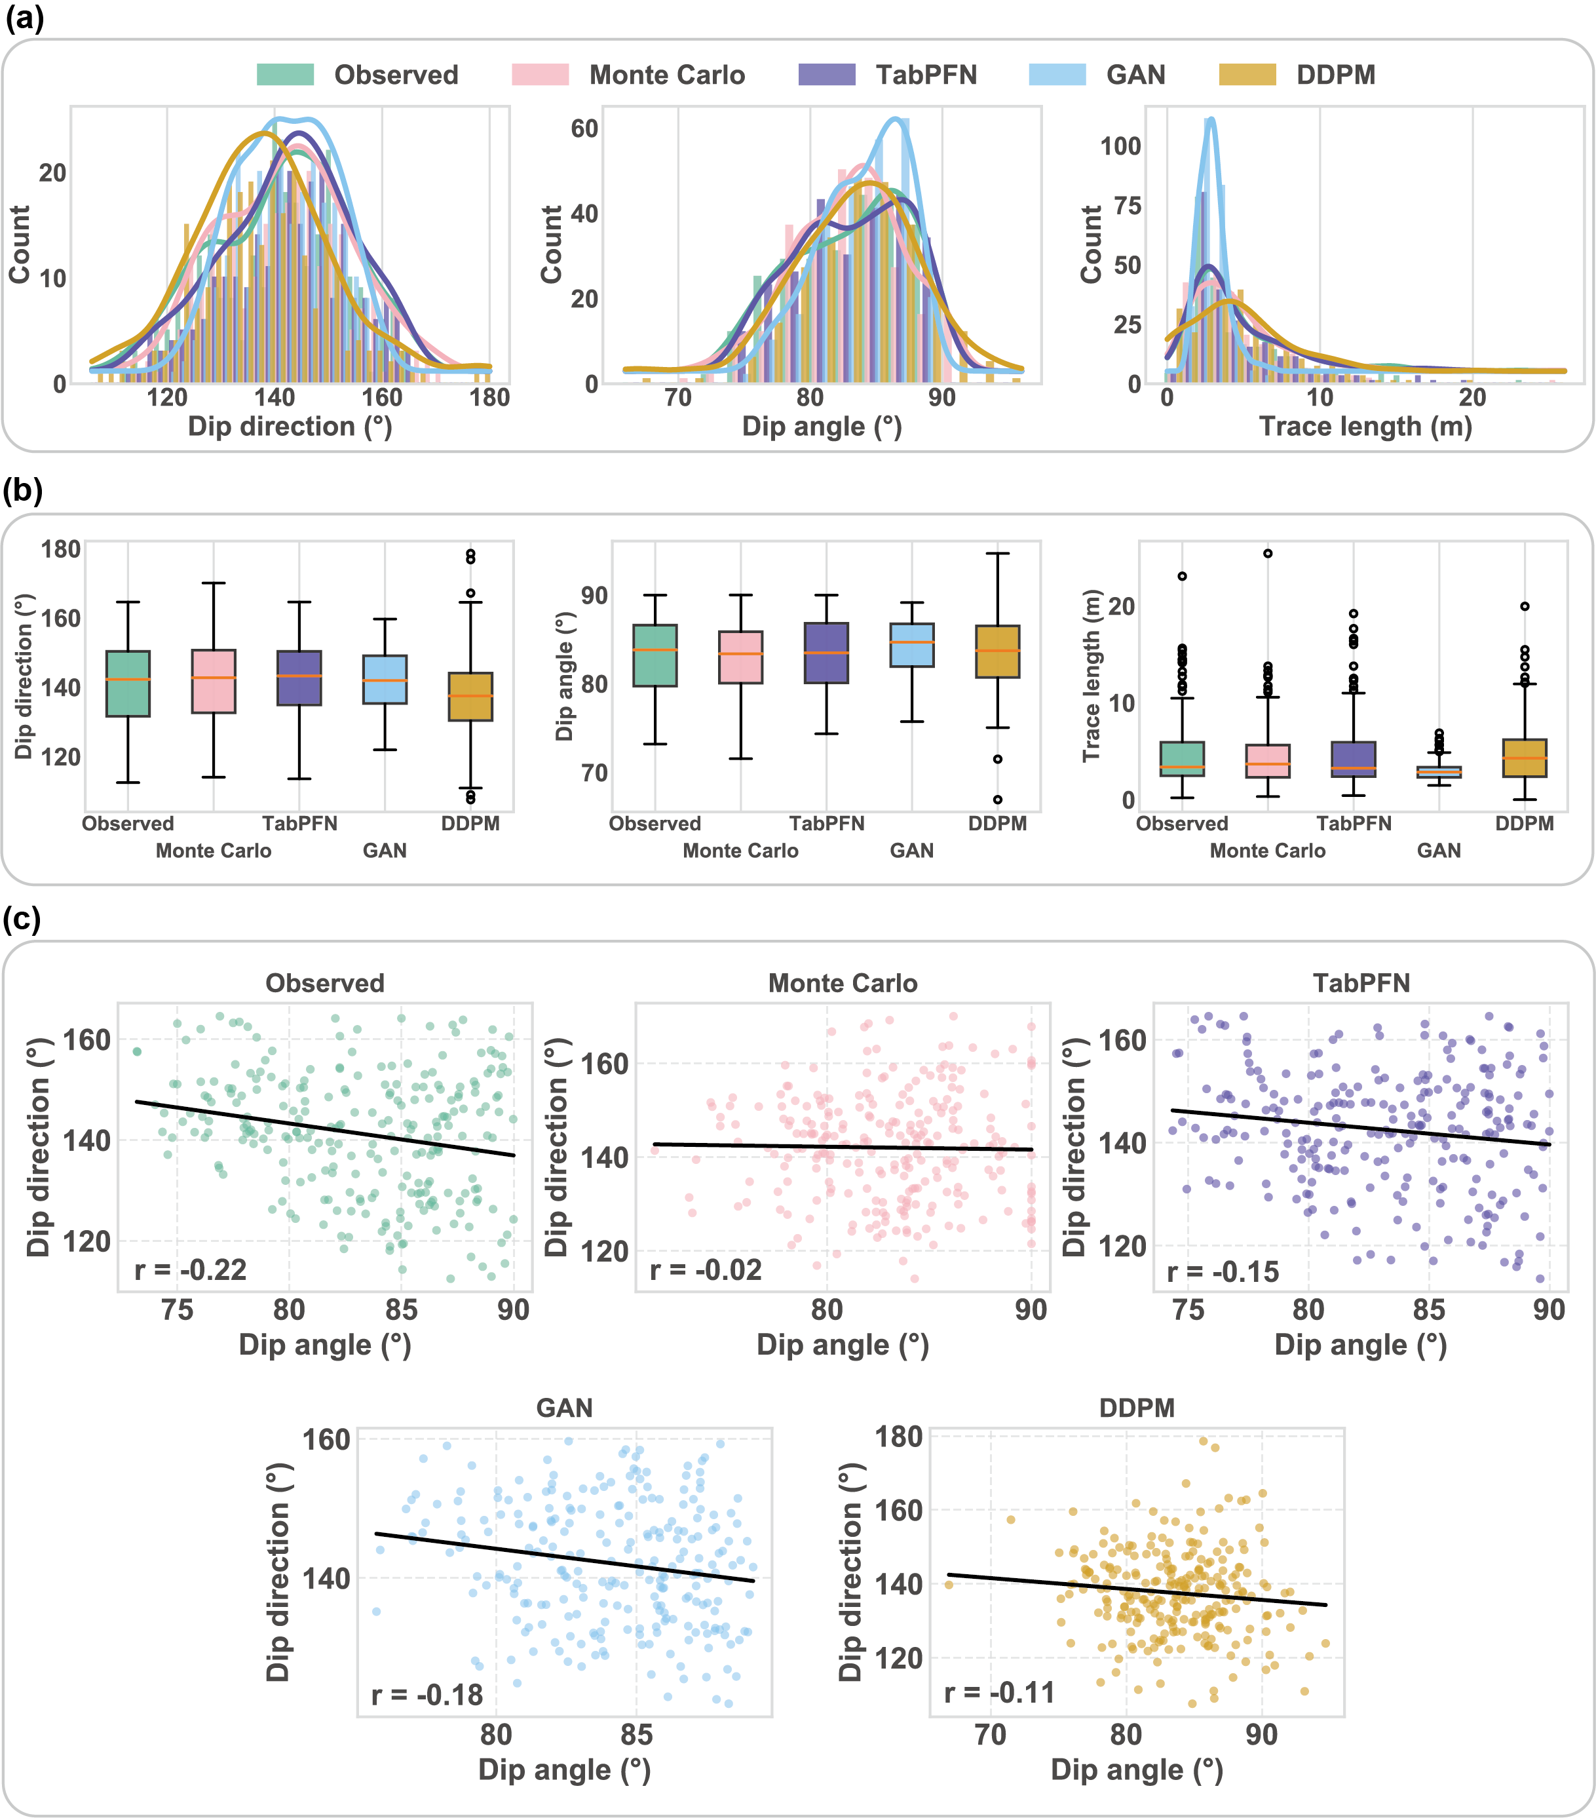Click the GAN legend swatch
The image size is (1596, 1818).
pos(1057,75)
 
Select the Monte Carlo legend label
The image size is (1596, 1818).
pos(667,75)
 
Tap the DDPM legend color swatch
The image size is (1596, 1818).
pos(1247,75)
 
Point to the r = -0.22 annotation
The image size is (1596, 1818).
pos(190,1269)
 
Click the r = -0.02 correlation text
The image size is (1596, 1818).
pos(706,1269)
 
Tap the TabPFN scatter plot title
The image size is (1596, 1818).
pos(1360,983)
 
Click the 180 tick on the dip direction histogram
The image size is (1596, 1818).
pos(490,398)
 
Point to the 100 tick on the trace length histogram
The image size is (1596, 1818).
pos(1120,146)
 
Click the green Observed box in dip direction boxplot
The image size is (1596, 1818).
pos(128,683)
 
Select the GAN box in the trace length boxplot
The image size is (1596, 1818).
pos(1439,771)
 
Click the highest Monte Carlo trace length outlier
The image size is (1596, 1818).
pos(1268,553)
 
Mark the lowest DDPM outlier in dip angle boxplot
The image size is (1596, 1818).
pos(998,800)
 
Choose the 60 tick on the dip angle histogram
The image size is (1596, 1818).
pos(584,129)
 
